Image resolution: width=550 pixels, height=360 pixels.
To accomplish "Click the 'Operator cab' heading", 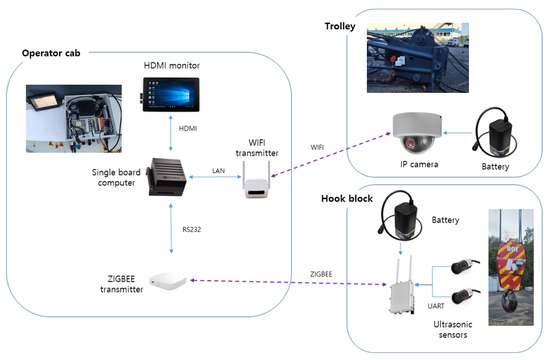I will pos(55,52).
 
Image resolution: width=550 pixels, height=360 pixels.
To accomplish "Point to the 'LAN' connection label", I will pos(218,171).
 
